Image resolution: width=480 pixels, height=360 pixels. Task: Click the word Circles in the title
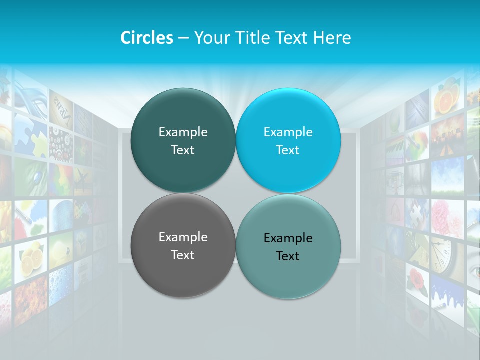146,38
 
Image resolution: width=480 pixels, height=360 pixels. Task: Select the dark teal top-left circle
183,140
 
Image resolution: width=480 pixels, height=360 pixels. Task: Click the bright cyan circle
288,140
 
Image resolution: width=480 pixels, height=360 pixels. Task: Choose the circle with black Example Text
288,247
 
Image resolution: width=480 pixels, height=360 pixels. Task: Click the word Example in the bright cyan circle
288,132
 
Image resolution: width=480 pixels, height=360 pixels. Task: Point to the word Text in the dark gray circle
183,255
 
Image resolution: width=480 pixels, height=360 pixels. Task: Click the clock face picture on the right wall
442,254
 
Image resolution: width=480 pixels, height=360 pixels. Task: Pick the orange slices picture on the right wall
446,98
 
